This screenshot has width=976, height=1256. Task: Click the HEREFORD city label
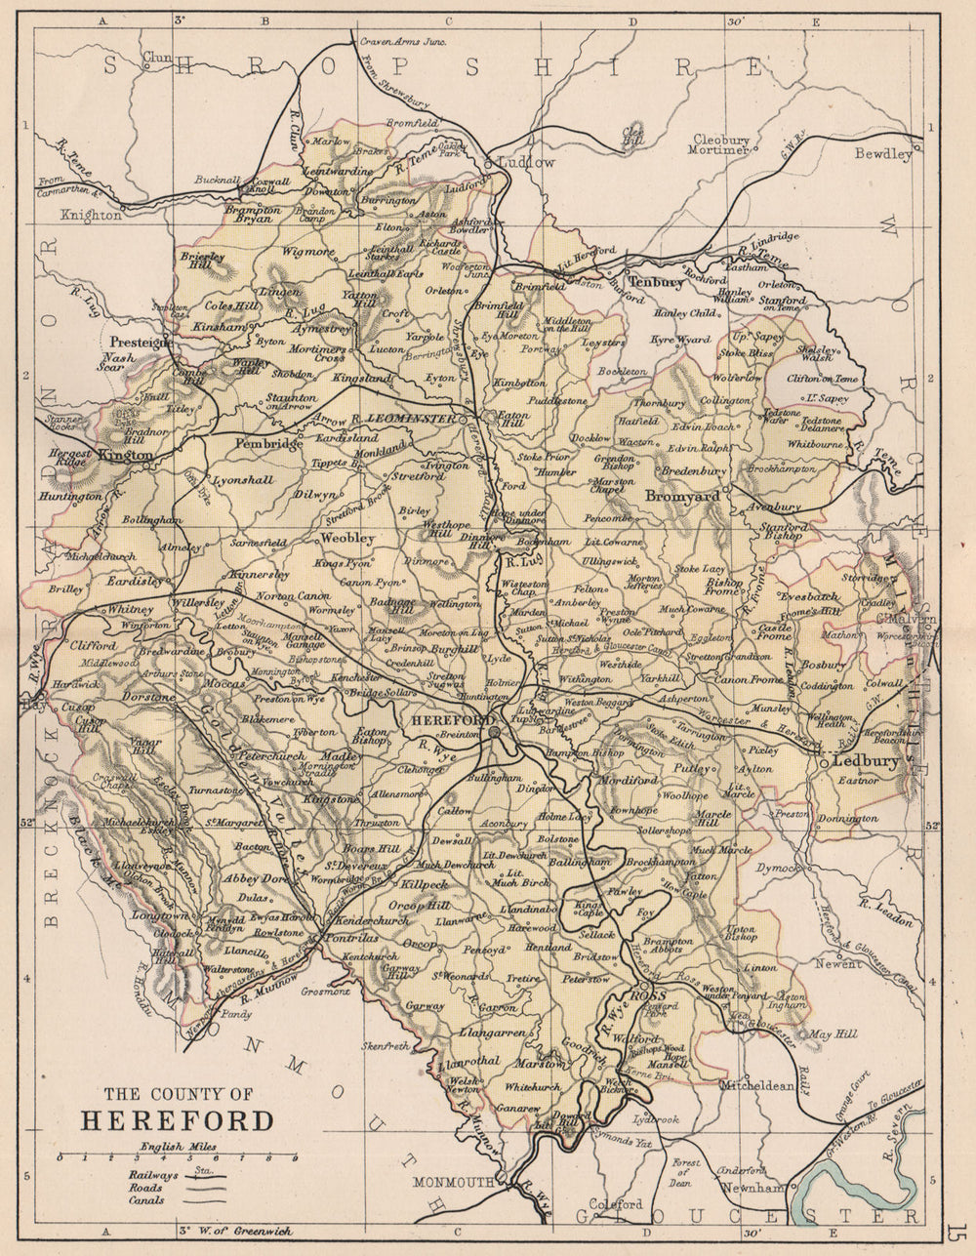[x=447, y=719]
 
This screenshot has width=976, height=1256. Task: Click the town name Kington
[x=127, y=455]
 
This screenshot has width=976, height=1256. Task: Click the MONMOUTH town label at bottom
[x=454, y=1182]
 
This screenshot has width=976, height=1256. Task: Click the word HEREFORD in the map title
[x=178, y=1119]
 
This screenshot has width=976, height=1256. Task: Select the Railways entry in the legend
[x=151, y=1176]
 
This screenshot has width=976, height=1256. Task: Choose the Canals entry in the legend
[x=145, y=1200]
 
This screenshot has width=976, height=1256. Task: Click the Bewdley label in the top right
[x=882, y=154]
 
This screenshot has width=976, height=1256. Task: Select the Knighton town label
[x=91, y=215]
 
